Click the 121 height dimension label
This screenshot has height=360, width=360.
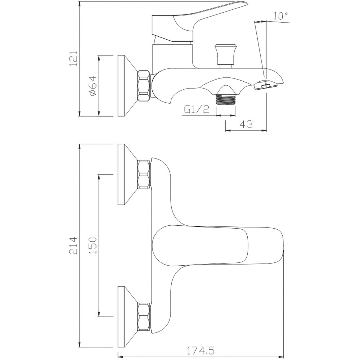click(73, 58)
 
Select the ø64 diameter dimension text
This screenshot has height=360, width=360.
click(92, 86)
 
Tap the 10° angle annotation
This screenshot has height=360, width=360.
click(280, 16)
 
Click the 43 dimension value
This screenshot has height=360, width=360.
click(246, 124)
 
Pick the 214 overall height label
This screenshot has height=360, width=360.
click(73, 246)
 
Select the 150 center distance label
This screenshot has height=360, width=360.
click(93, 246)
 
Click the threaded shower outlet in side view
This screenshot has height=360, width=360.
click(225, 99)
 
